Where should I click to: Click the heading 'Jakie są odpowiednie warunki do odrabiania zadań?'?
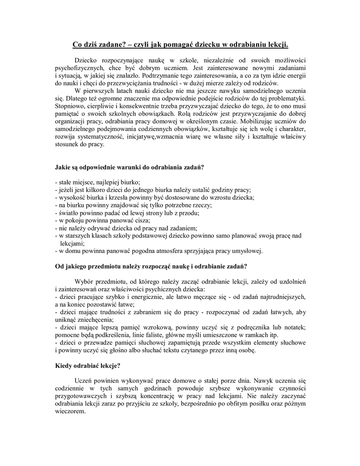pyautogui.click(x=129, y=167)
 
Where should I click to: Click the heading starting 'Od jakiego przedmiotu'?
pyautogui.click(x=150, y=266)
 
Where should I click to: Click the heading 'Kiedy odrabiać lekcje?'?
pyautogui.click(x=87, y=365)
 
